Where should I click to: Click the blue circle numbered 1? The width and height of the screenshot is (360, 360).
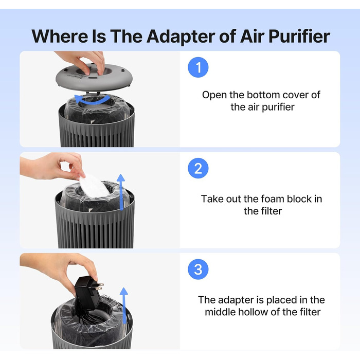coord(198,67)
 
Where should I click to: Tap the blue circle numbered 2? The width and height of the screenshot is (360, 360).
coord(198,168)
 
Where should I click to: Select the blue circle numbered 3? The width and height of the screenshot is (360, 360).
coord(198,269)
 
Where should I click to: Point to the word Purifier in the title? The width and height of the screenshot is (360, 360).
coord(299,37)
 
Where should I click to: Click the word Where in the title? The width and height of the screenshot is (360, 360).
coord(60,37)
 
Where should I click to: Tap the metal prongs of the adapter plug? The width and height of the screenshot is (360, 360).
coord(100,286)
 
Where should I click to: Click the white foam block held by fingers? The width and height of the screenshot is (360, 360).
coord(93,186)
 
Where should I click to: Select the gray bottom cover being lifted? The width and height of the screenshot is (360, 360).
coord(94,77)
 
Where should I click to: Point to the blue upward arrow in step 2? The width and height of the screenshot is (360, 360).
coord(121,192)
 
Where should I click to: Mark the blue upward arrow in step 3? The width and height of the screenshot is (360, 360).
coord(124,305)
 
